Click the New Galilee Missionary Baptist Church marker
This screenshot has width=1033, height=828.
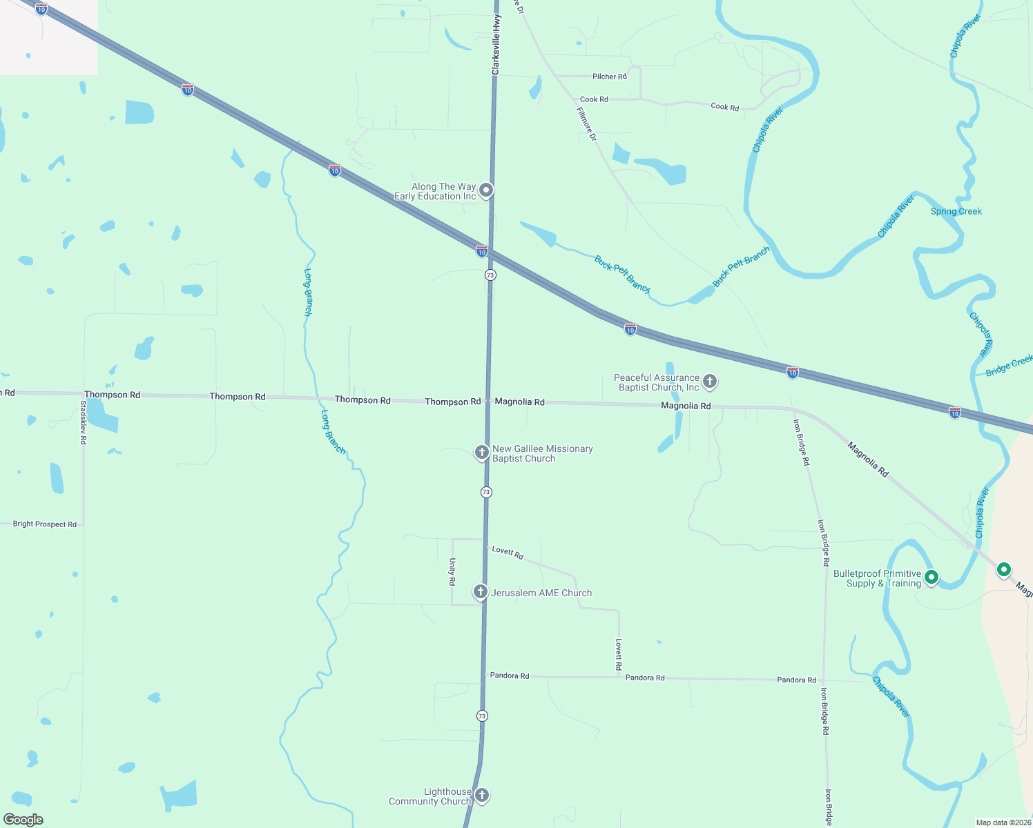click(x=481, y=453)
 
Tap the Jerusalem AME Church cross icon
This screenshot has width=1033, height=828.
click(x=481, y=592)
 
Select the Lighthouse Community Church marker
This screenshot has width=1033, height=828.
click(x=482, y=796)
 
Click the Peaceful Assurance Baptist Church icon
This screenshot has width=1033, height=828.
click(x=709, y=382)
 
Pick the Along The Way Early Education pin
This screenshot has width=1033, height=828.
click(x=486, y=190)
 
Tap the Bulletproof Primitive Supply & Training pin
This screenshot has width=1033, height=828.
click(x=931, y=577)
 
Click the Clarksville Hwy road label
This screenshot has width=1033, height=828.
click(x=496, y=45)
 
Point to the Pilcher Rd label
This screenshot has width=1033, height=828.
click(x=609, y=77)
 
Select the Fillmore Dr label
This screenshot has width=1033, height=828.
click(x=586, y=124)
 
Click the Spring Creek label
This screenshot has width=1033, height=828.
click(x=956, y=211)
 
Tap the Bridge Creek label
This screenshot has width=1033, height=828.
click(x=1009, y=365)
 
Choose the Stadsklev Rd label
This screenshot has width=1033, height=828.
click(x=84, y=422)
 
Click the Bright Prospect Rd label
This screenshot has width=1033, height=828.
click(x=45, y=524)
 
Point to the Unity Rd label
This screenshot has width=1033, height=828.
click(x=452, y=572)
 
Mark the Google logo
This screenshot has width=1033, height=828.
click(x=23, y=820)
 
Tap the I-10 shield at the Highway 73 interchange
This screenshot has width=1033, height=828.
click(x=482, y=251)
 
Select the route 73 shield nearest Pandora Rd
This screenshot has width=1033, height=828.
click(x=482, y=716)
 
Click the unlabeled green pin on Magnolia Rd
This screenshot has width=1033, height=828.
click(x=1004, y=570)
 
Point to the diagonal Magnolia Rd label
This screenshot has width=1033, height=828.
click(x=868, y=460)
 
